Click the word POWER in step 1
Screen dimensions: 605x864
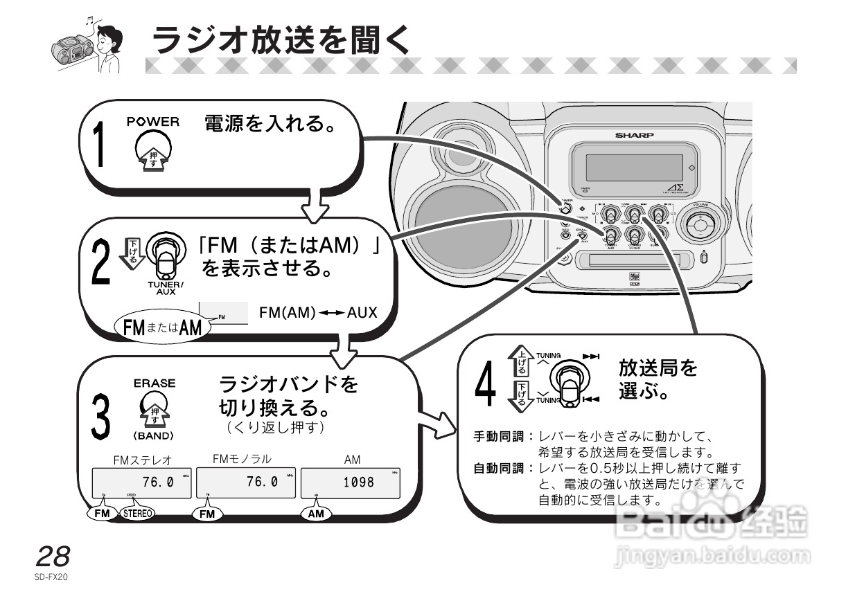153,122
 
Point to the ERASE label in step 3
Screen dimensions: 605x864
155,383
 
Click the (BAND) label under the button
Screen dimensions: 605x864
154,436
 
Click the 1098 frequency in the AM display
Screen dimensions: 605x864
358,482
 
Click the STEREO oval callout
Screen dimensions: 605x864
138,514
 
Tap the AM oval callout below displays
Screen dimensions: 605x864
317,514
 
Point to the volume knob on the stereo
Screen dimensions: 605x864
698,224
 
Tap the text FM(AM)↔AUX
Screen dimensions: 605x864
318,313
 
